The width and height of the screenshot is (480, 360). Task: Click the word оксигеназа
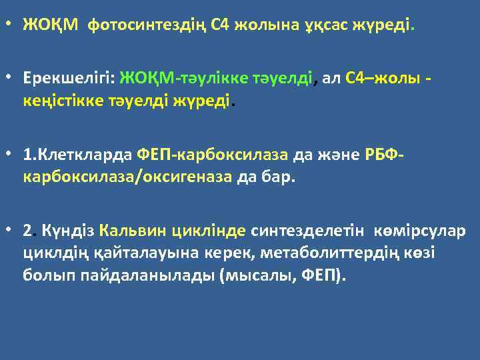click(x=192, y=178)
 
